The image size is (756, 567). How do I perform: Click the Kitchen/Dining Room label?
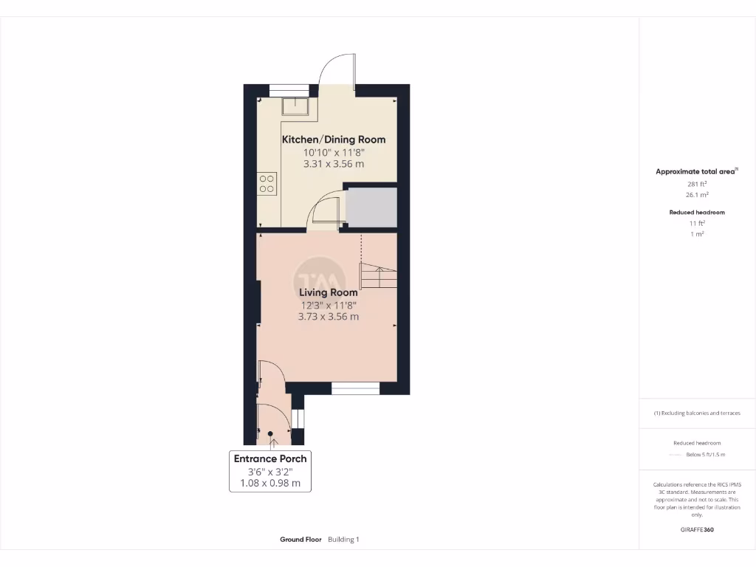tap(334, 139)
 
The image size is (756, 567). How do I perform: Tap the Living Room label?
tap(329, 292)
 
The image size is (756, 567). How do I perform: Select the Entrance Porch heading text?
tap(270, 458)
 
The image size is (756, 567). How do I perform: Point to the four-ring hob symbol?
tap(267, 183)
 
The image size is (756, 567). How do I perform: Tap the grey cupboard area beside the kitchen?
tap(371, 207)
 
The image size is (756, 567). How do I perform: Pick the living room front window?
tap(355, 388)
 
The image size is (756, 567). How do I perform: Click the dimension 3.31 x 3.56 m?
tap(334, 164)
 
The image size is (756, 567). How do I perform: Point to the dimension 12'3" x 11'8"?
tap(329, 305)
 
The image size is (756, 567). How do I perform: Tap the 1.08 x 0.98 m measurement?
tap(270, 484)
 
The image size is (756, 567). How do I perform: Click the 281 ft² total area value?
tap(697, 184)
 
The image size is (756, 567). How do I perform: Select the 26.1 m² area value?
tap(697, 195)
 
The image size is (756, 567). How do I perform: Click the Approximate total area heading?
tap(695, 171)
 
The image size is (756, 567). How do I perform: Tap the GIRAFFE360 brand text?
tap(697, 529)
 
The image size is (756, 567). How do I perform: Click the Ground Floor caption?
tap(300, 540)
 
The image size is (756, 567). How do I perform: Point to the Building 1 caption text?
tap(343, 540)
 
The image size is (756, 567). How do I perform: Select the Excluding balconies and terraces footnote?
tap(697, 413)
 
